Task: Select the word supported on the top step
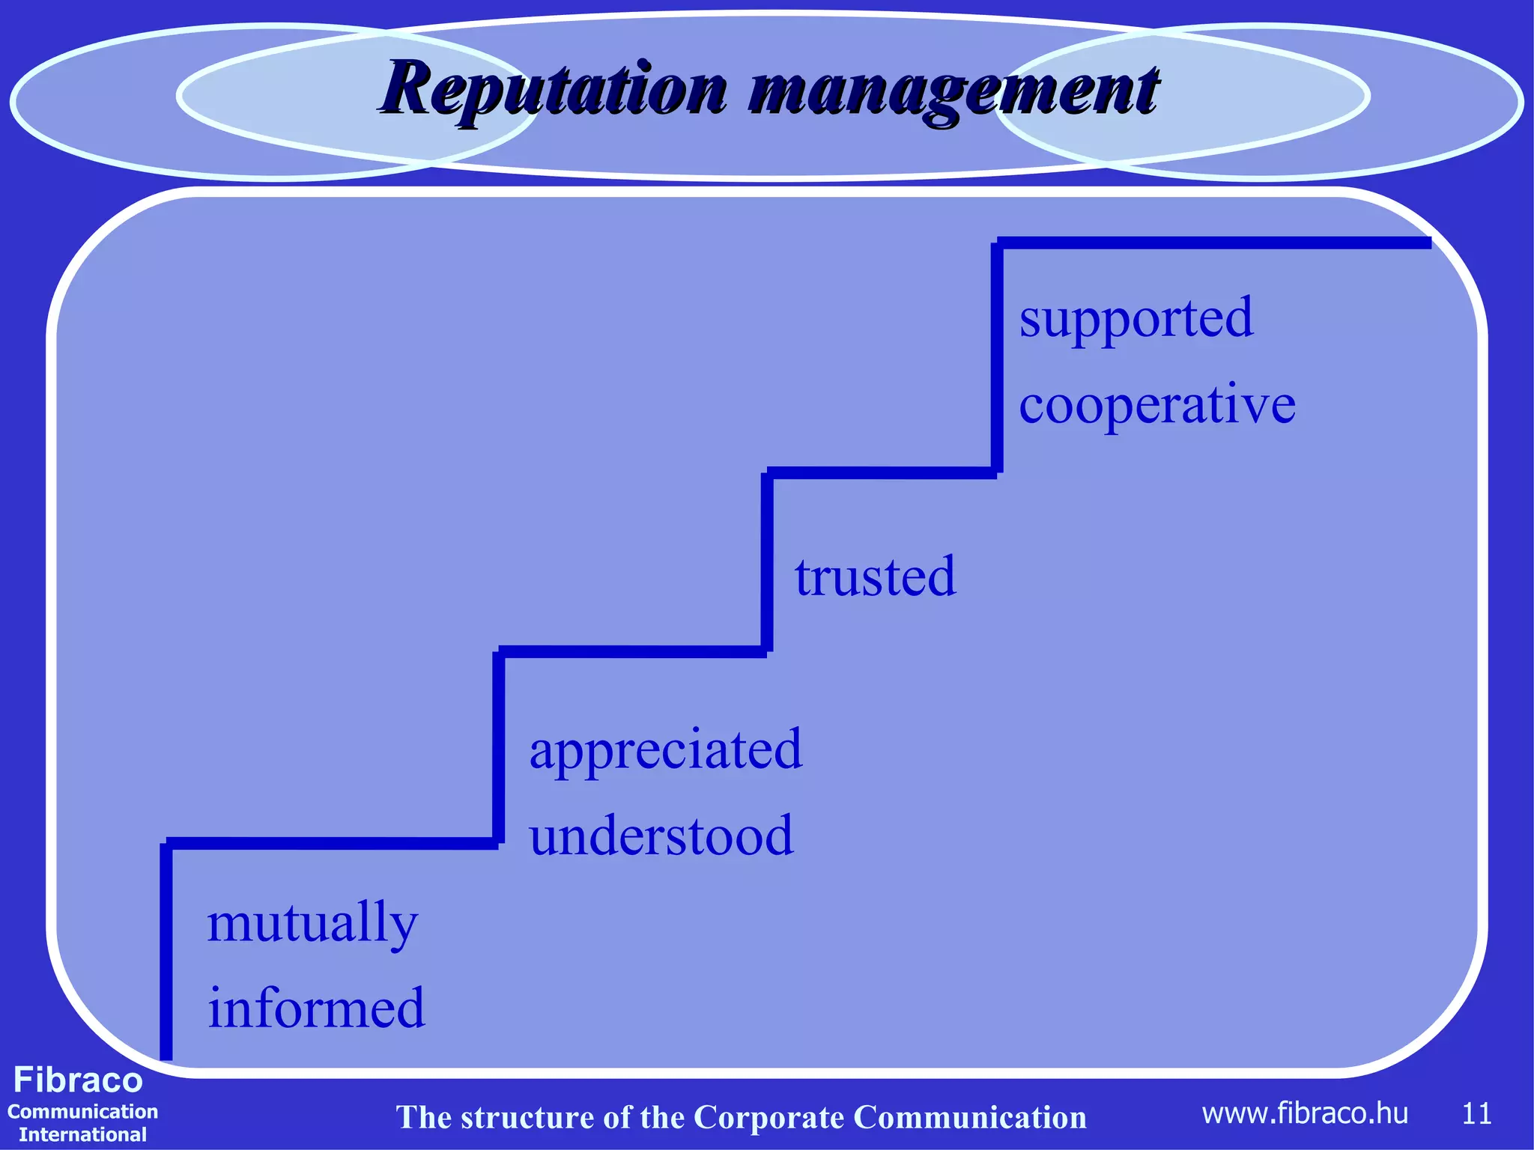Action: tap(1136, 319)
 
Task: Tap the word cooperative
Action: tap(1156, 404)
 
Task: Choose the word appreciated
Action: tap(665, 750)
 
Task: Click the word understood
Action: tap(661, 836)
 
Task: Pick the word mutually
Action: tap(312, 924)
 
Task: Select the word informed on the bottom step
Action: tap(316, 1009)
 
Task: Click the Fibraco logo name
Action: tap(78, 1080)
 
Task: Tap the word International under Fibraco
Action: tap(82, 1134)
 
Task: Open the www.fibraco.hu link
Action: tap(1304, 1114)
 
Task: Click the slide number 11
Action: tap(1476, 1114)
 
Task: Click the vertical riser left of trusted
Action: tap(767, 562)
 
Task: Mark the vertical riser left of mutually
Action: tap(166, 951)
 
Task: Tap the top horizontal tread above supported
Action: tap(1213, 243)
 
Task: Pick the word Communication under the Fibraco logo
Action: tap(82, 1112)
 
